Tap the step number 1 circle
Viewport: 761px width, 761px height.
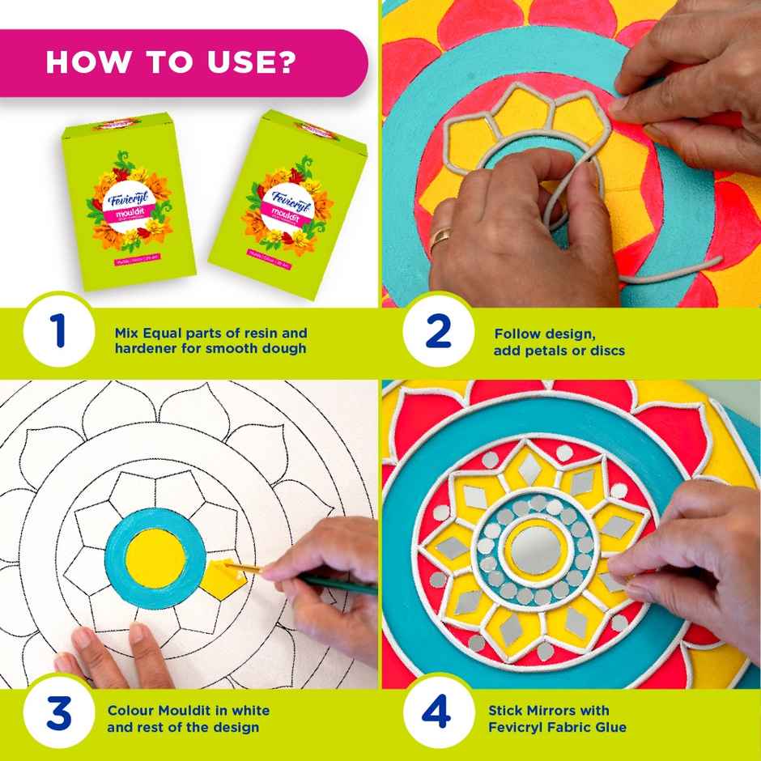58,333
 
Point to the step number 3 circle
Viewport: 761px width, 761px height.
58,716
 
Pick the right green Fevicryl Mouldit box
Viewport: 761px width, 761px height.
287,198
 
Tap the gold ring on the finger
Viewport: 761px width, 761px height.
441,238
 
